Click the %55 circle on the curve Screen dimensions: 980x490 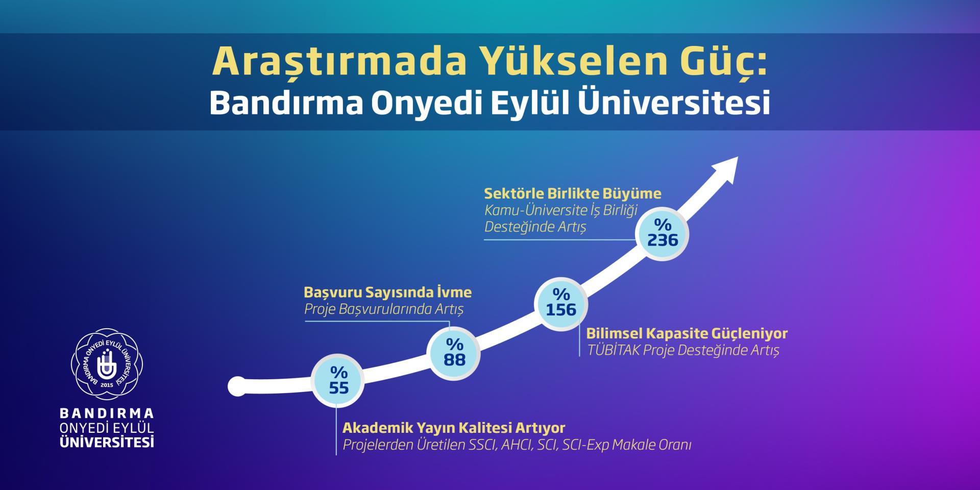click(338, 381)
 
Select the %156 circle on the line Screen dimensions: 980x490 click(561, 304)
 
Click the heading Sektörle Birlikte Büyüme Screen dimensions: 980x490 click(573, 194)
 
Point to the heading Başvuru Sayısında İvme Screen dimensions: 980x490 click(388, 292)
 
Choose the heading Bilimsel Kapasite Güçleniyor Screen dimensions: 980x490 click(687, 334)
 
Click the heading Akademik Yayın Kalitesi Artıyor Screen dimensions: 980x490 click(454, 428)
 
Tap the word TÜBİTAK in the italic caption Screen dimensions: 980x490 click(614, 350)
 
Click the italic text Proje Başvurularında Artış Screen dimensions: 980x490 click(384, 310)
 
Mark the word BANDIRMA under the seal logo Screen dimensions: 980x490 click(107, 413)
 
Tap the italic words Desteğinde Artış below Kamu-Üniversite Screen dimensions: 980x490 click(535, 227)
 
